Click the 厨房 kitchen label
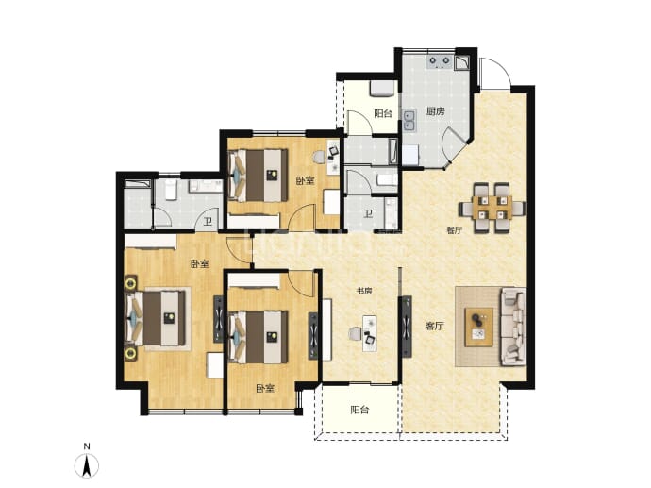(436, 111)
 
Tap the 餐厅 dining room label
(454, 230)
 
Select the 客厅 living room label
(434, 327)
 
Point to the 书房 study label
(364, 291)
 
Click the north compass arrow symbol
(87, 466)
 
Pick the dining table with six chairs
(492, 208)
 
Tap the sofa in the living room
(513, 327)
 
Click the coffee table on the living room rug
(479, 327)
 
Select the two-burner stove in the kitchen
(440, 62)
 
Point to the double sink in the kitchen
(409, 120)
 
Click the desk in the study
(369, 333)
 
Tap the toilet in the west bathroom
(171, 189)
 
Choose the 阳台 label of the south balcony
(359, 411)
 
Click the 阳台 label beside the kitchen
(383, 114)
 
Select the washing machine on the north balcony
(382, 89)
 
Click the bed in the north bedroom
(259, 176)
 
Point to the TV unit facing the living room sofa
(406, 327)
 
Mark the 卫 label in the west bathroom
(208, 222)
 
